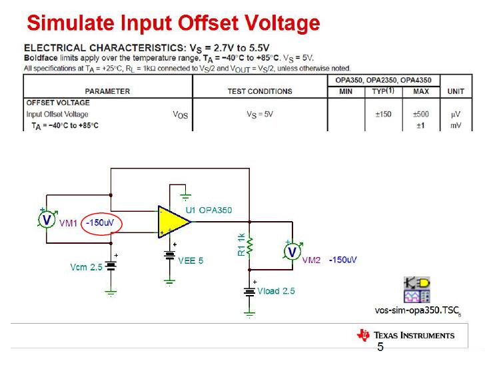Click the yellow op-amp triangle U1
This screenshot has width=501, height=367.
(173, 222)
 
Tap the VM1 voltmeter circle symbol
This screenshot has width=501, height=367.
(47, 220)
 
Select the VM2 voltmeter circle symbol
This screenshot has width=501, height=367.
(292, 251)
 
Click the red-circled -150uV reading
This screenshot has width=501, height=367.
(100, 222)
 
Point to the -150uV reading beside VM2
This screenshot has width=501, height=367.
(343, 260)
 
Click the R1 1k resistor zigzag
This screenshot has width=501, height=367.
(250, 246)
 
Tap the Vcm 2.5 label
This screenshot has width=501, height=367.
(86, 267)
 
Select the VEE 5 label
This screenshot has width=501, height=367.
(191, 260)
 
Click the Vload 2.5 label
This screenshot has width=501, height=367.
(276, 291)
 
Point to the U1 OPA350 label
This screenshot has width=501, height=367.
(209, 210)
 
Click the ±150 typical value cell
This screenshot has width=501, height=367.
(384, 114)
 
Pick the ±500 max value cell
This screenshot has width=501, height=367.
(421, 114)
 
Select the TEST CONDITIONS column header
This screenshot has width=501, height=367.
(260, 91)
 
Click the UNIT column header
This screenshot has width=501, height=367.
(456, 91)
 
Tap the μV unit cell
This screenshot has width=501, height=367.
(456, 115)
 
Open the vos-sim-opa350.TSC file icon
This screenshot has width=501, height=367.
(417, 290)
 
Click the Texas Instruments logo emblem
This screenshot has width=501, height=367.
(363, 335)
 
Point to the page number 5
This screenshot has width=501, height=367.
(380, 347)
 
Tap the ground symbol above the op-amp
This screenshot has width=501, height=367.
(185, 196)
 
